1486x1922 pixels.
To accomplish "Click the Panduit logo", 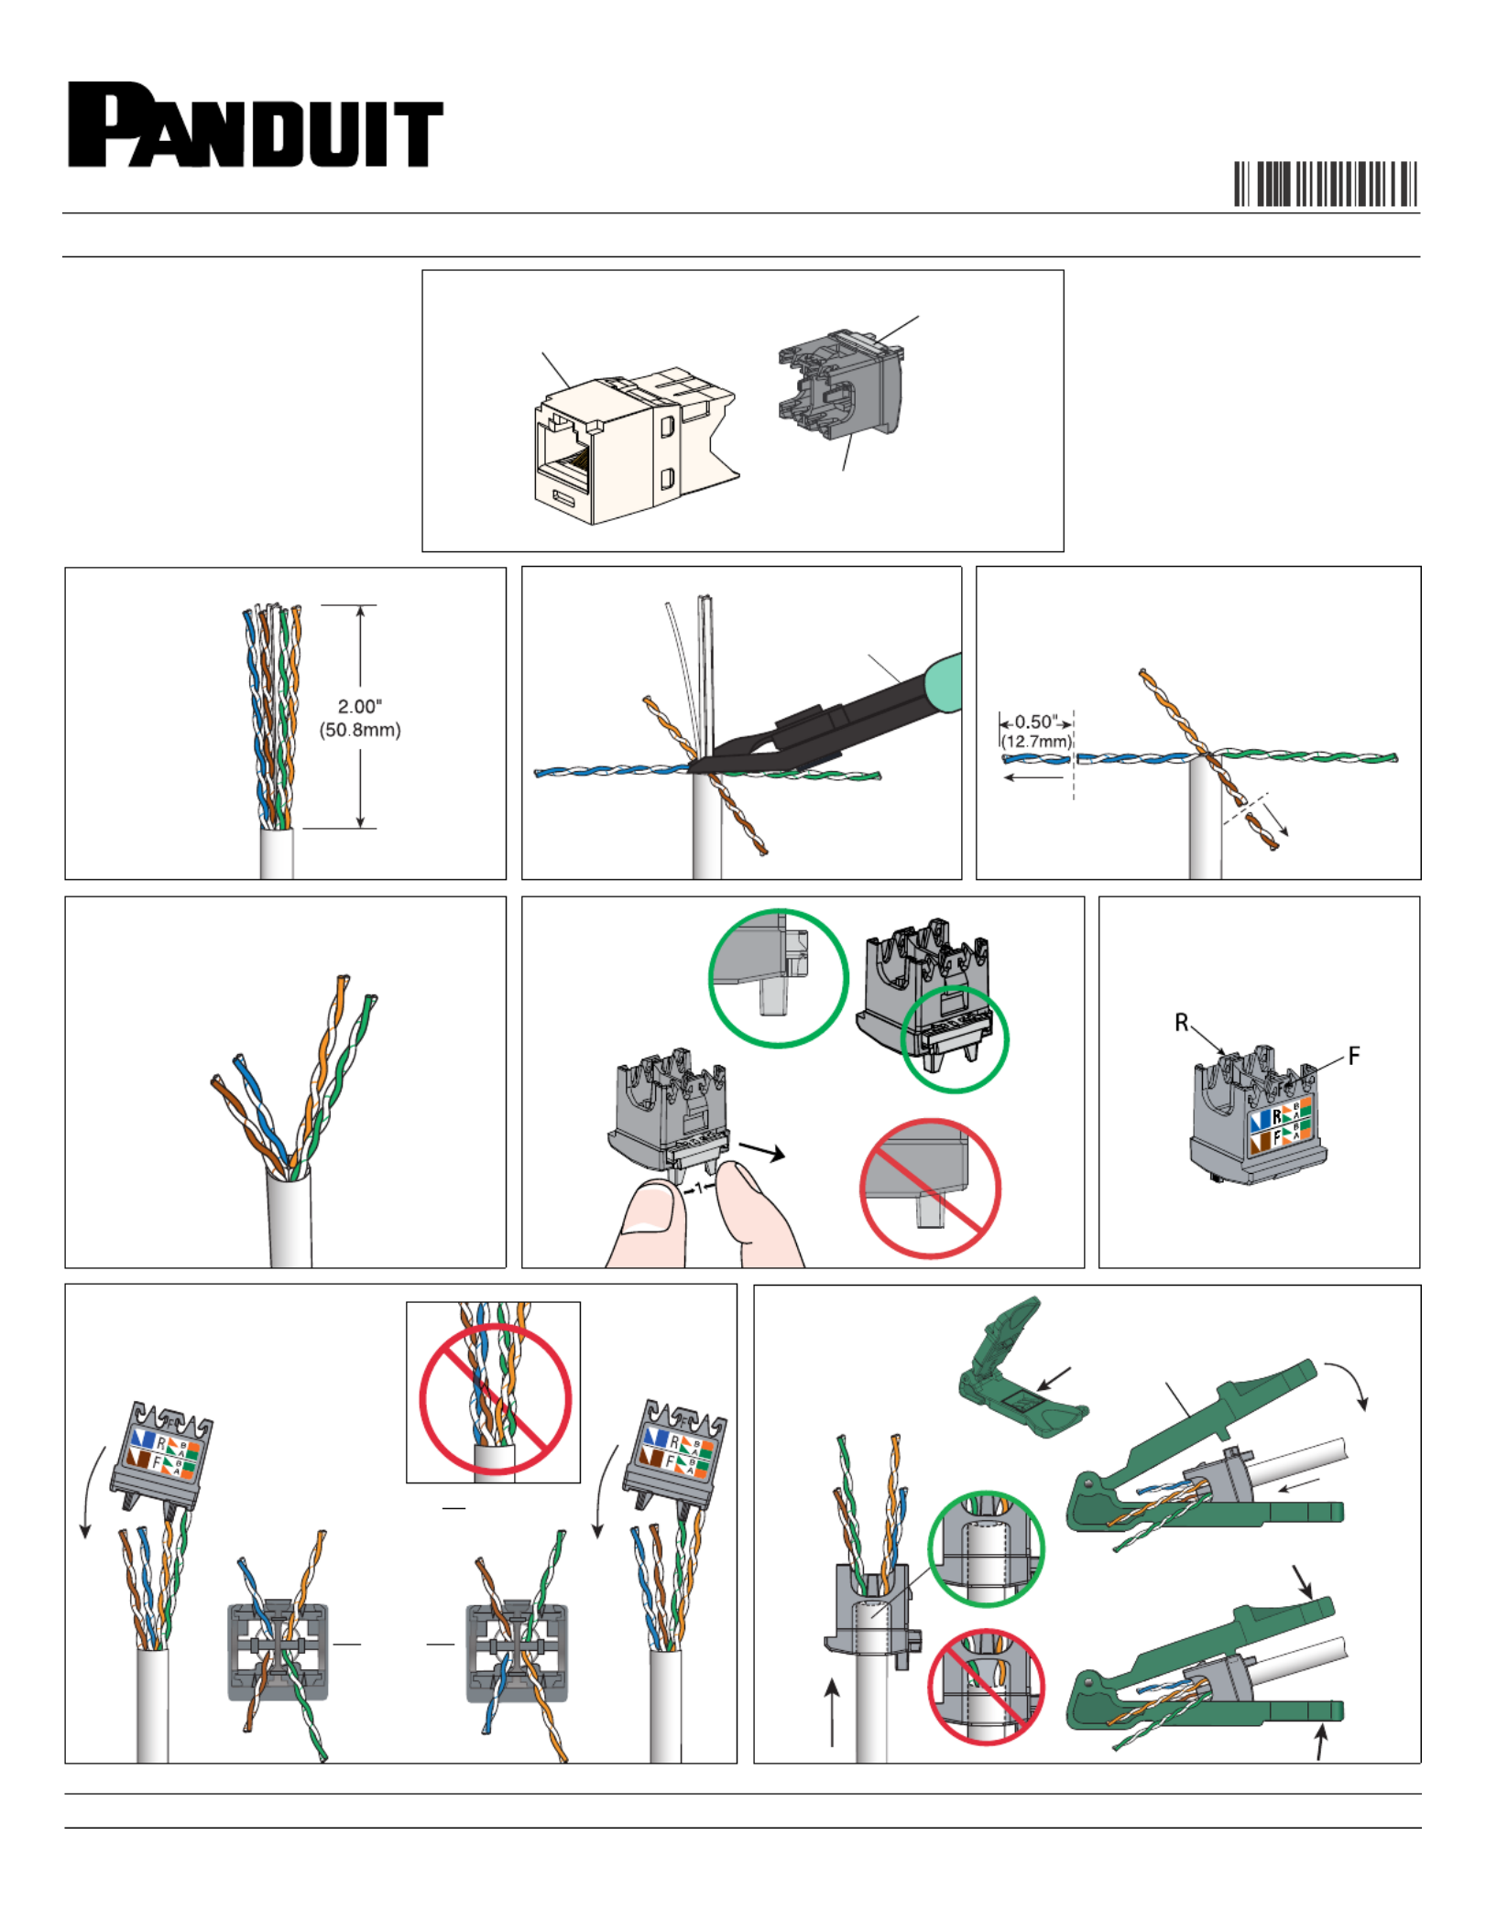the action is [x=256, y=125].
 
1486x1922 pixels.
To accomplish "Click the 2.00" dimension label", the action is [x=360, y=707].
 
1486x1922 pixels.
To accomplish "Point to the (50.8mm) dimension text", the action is [x=360, y=730].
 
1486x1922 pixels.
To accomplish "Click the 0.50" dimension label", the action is [x=1036, y=722].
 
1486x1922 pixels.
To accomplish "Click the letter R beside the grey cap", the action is [x=1182, y=1023].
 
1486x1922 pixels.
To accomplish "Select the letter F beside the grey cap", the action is [x=1354, y=1056].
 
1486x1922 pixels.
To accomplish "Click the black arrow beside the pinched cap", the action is [x=762, y=1151].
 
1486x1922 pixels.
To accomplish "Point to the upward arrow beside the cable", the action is [x=832, y=1711].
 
